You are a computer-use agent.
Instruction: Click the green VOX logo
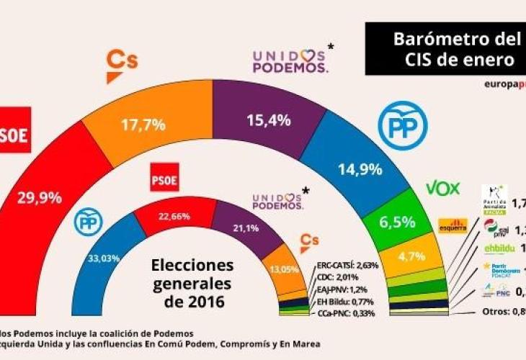[x=442, y=189]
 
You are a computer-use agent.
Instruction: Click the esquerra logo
[x=454, y=225]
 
